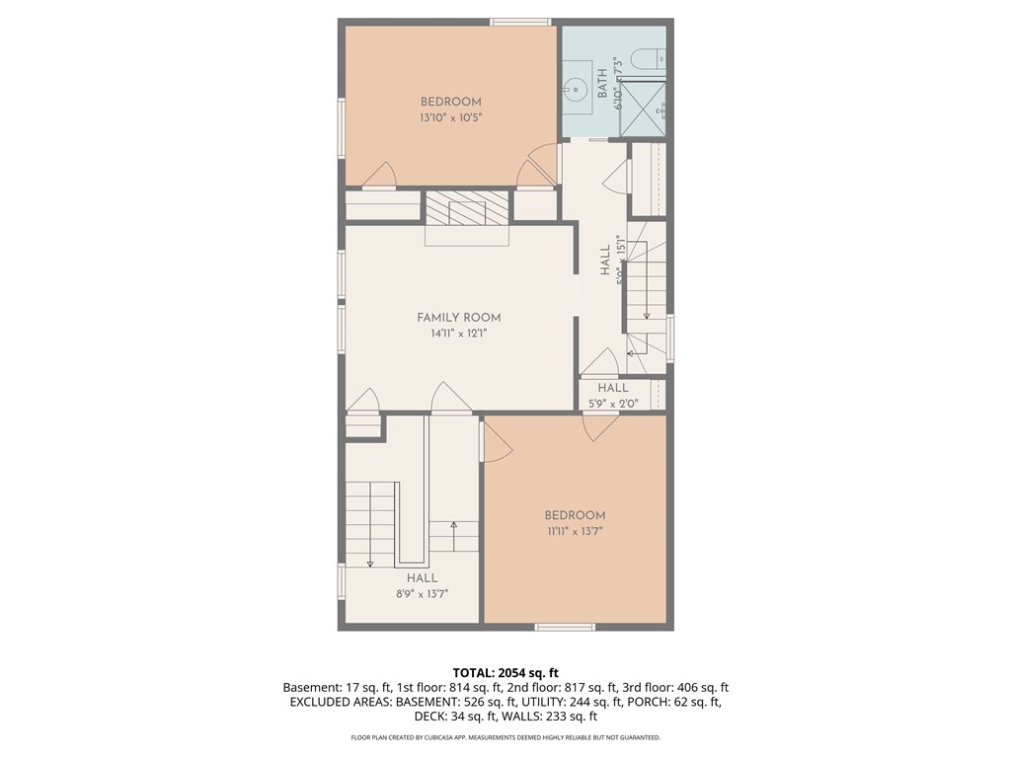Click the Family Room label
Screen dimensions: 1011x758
458,317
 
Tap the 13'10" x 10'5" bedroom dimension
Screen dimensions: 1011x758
450,118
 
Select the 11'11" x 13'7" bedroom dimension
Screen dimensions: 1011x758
575,532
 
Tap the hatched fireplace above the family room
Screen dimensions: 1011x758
467,208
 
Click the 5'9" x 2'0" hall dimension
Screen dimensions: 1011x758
612,404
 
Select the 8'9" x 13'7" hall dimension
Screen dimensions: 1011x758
423,593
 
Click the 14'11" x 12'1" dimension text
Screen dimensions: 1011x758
458,334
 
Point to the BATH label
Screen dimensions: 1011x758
602,84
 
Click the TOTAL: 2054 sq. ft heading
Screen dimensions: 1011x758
505,673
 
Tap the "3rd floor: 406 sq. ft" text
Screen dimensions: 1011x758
676,688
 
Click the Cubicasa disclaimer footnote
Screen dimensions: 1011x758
505,737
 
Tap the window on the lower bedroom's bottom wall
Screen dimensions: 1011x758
565,627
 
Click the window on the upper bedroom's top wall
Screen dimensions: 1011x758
520,23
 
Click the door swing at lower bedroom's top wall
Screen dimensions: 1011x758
602,428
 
